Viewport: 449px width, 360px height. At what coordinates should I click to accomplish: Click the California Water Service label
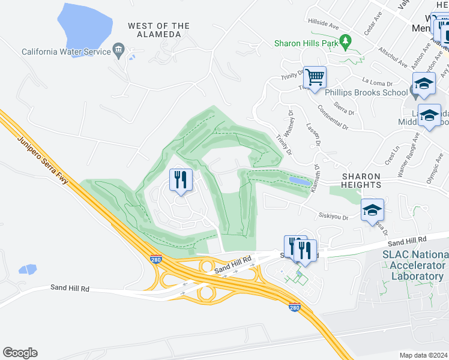(x=66, y=52)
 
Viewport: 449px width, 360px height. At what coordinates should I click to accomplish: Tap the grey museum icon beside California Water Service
(x=119, y=50)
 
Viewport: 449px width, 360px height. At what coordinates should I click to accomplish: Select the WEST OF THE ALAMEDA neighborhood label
(x=158, y=30)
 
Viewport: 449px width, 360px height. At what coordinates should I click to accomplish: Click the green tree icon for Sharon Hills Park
(x=345, y=41)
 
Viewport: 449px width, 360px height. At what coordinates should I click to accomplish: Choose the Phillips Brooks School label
(x=366, y=93)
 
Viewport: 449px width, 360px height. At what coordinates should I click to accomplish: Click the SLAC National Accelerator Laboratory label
(x=414, y=265)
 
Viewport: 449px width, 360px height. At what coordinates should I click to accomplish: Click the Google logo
(x=20, y=353)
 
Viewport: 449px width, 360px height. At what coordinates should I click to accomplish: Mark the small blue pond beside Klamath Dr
(x=300, y=181)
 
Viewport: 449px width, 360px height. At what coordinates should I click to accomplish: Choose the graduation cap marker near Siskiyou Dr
(x=372, y=210)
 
